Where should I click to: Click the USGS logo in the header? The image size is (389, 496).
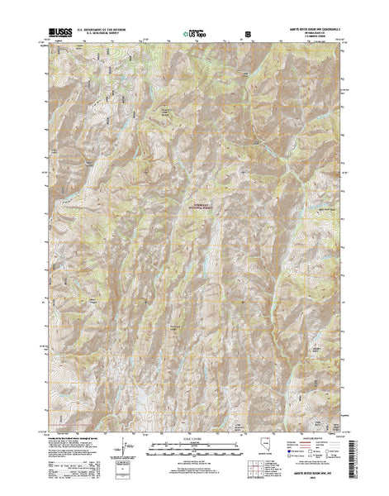[62, 31]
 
